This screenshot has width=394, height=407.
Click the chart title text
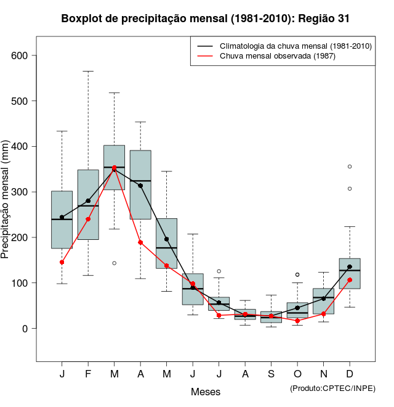tap(206, 18)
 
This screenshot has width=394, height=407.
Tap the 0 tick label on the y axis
tap(25, 329)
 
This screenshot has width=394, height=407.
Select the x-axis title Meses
tap(205, 392)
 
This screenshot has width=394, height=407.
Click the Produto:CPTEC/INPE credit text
tap(332, 388)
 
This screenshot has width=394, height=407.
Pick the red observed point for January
tap(62, 262)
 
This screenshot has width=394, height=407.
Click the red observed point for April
tap(140, 242)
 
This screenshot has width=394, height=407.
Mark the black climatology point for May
tap(166, 239)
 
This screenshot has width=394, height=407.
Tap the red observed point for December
tap(350, 280)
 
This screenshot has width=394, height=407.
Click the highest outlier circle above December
tap(350, 166)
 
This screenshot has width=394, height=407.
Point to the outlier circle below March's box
tap(114, 263)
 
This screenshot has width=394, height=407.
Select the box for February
tap(88, 205)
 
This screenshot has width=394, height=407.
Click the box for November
tap(323, 301)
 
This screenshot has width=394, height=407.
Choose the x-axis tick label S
tap(271, 374)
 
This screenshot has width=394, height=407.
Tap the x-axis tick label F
tap(88, 374)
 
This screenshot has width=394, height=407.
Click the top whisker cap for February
tap(88, 71)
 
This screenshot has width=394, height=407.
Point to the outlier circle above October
tap(297, 274)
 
